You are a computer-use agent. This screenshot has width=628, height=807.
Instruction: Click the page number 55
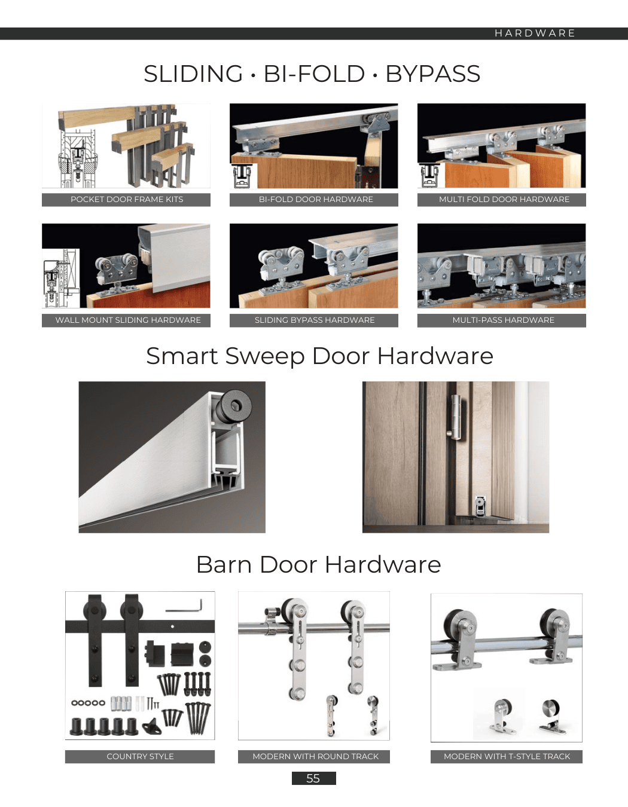pos(313,778)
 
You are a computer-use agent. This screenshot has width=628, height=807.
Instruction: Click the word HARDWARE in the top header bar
pos(535,33)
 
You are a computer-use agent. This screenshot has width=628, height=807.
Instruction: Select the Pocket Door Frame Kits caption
pos(127,200)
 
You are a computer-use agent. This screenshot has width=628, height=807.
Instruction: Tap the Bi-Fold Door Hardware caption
pos(316,200)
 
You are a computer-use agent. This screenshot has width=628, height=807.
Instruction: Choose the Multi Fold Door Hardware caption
pos(504,200)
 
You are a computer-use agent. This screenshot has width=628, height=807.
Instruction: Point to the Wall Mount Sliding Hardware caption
pos(128,320)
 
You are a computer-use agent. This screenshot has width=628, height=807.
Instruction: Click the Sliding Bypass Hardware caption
pos(315,320)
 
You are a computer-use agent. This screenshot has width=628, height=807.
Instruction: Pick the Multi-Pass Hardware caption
pos(503,320)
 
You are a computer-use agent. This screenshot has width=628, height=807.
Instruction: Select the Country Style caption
pos(140,757)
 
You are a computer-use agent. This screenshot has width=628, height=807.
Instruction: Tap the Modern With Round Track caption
pos(315,757)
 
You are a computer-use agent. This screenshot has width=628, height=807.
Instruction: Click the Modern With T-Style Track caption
pos(507,757)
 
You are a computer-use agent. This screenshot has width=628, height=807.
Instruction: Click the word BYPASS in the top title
pos(433,74)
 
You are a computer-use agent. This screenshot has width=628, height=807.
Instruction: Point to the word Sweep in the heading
pos(264,356)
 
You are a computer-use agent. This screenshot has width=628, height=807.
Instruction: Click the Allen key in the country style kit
pos(184,606)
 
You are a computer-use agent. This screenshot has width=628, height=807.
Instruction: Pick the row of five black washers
pos(88,703)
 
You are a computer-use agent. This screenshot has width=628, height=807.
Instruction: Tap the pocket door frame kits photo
pos(126,146)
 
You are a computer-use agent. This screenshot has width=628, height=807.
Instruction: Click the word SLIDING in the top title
pos(193,74)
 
